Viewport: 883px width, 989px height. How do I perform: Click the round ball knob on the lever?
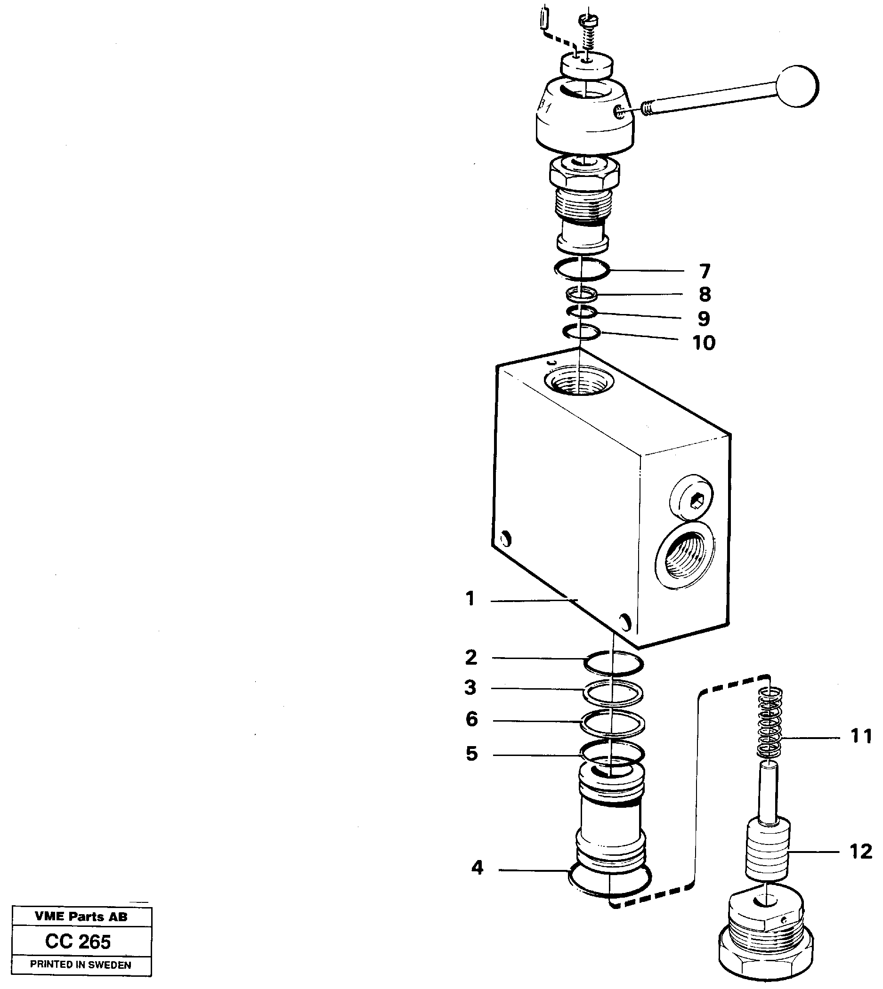tap(797, 86)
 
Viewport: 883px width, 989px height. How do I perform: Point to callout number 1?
tap(470, 599)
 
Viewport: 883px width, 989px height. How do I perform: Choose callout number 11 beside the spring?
tap(861, 737)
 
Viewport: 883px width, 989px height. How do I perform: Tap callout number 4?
tap(478, 868)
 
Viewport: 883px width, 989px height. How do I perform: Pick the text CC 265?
tap(78, 941)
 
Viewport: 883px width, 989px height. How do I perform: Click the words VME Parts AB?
tap(81, 917)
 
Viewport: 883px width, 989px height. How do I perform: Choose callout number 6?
tap(471, 719)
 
